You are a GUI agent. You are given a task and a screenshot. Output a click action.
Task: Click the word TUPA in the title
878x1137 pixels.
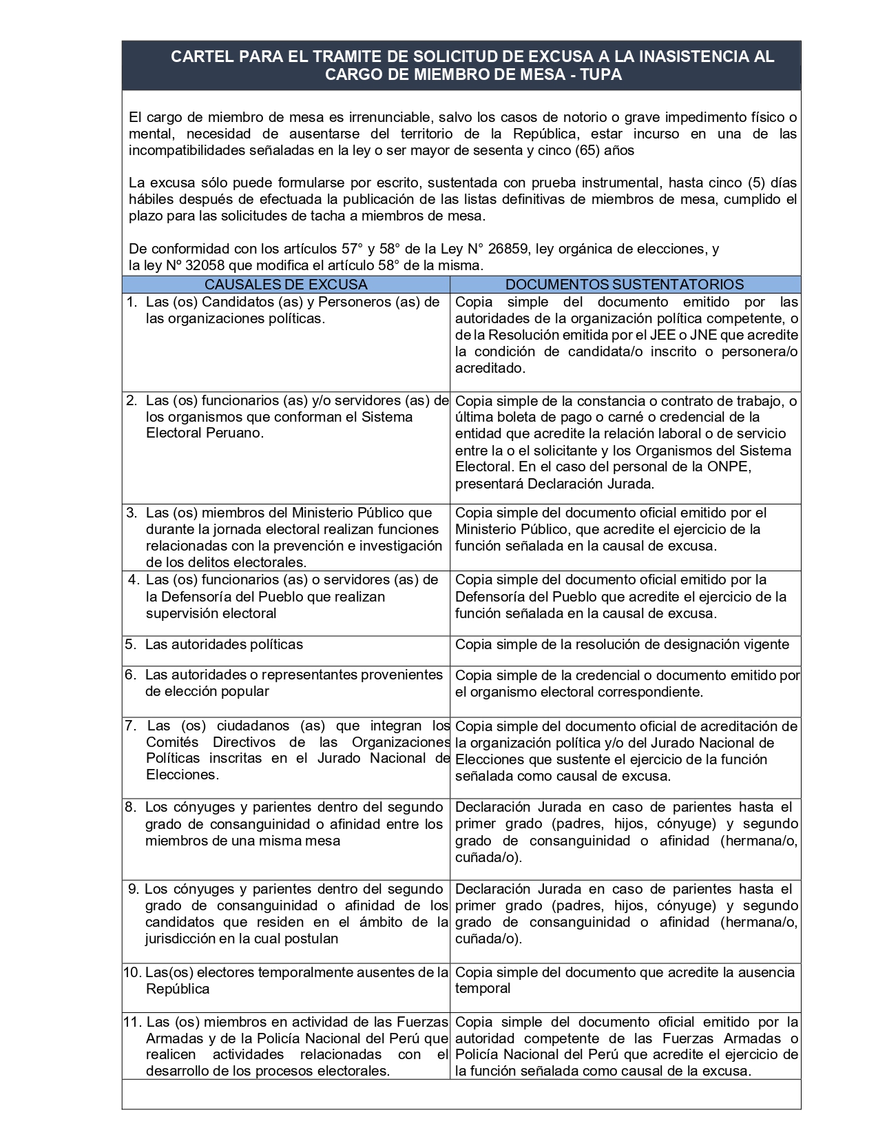[x=602, y=74]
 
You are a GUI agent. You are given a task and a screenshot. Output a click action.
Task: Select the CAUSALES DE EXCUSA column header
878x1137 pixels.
[x=286, y=284]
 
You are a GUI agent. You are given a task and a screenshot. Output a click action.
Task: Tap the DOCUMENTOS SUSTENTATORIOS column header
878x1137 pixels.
[x=625, y=284]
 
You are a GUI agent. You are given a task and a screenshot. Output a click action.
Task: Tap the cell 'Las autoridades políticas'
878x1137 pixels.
[x=224, y=644]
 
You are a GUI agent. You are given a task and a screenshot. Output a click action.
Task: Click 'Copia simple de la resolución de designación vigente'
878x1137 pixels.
[x=623, y=644]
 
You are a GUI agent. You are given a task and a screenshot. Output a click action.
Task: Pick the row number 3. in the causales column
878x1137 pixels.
[x=131, y=512]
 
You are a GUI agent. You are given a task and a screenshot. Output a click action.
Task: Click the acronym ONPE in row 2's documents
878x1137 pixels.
[x=731, y=467]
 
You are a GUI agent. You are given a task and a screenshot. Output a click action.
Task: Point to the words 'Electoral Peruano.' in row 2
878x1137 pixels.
[x=205, y=433]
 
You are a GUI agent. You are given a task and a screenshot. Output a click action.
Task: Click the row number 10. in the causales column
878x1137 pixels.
[x=132, y=972]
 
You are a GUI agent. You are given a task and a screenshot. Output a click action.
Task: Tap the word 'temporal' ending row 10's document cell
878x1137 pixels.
[x=483, y=988]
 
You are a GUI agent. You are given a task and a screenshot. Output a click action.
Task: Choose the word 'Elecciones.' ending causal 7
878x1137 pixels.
[x=182, y=774]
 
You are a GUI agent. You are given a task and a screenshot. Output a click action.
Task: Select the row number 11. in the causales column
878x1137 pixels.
[x=133, y=1022]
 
